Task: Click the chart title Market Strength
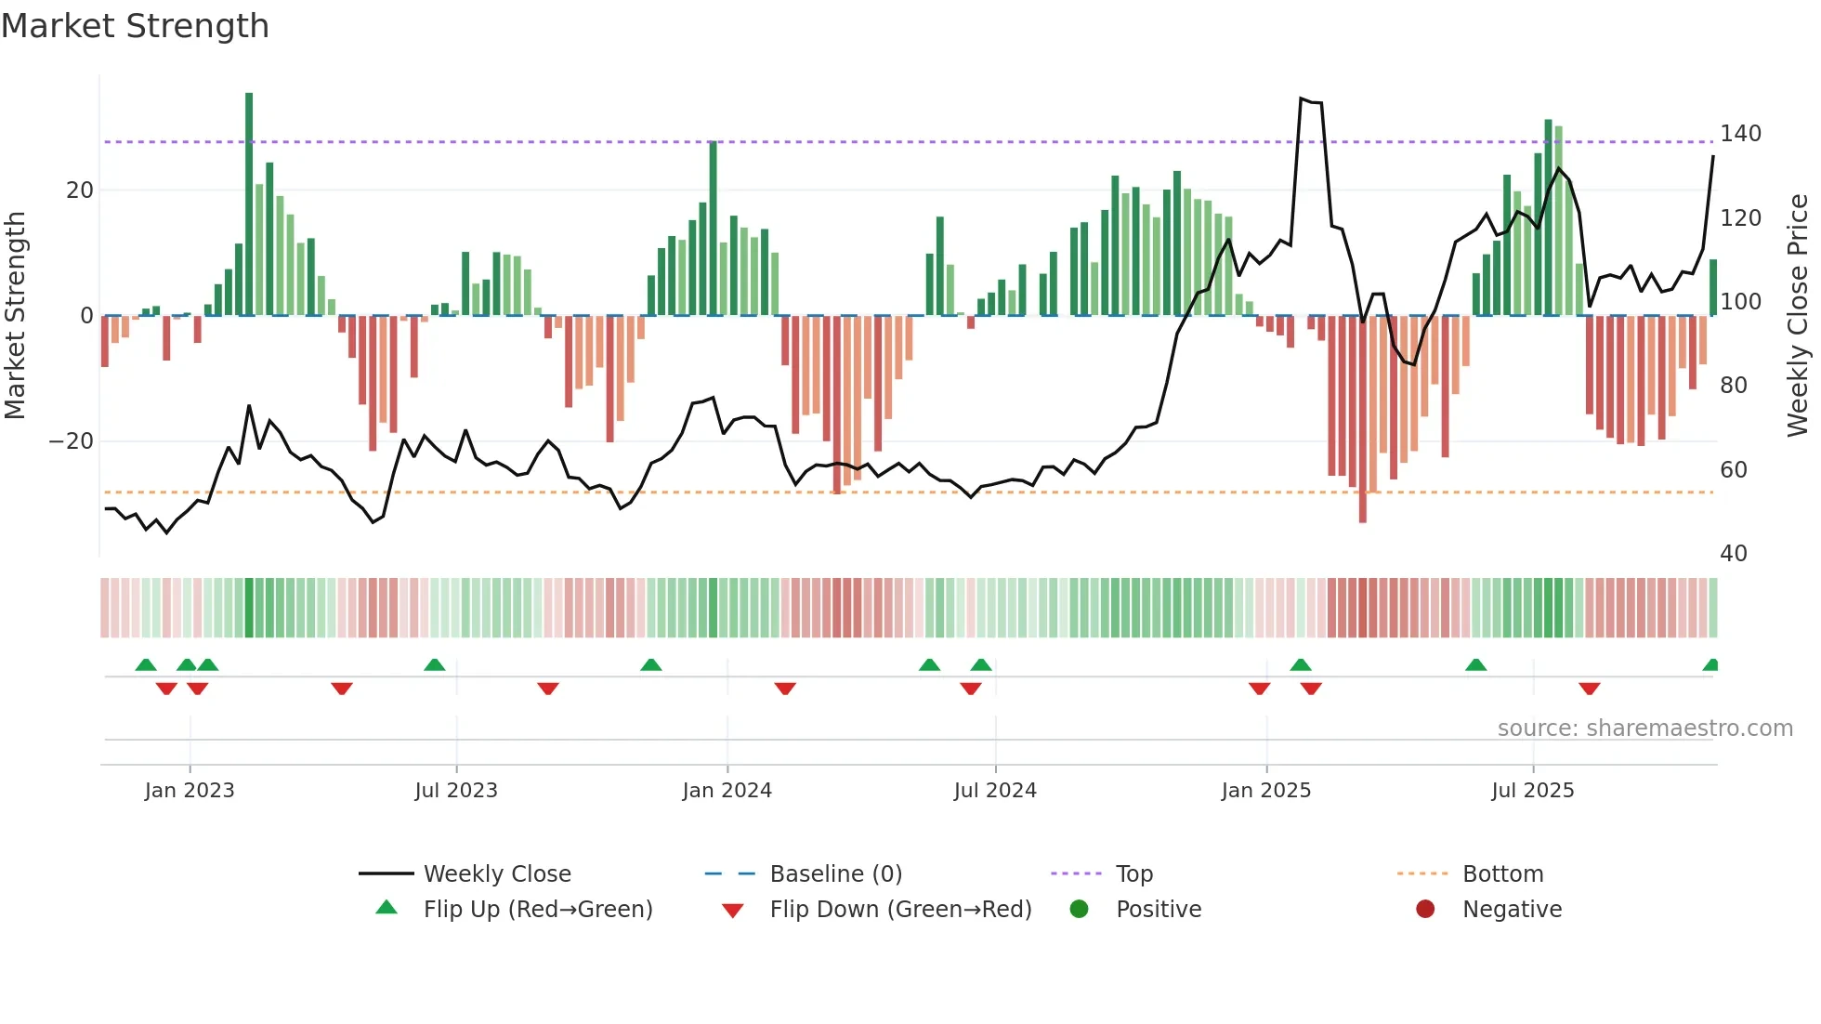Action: click(x=135, y=26)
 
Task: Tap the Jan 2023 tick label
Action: click(x=190, y=791)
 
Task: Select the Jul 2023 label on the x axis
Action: click(x=456, y=791)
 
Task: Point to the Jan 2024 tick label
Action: click(x=727, y=791)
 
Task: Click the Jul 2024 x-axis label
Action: click(x=995, y=791)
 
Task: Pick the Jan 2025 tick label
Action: click(x=1266, y=791)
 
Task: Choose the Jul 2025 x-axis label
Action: click(x=1533, y=791)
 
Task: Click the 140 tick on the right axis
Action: click(x=1740, y=134)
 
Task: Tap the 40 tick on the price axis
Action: click(x=1734, y=554)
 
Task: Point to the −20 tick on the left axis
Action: click(x=72, y=441)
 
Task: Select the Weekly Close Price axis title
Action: click(x=1799, y=316)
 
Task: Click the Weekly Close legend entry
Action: click(x=497, y=874)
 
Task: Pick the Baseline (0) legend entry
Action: click(x=836, y=874)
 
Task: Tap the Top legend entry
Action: click(x=1134, y=874)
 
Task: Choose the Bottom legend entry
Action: click(x=1502, y=874)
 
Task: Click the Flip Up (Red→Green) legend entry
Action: click(x=538, y=910)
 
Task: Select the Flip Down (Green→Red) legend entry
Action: click(x=900, y=910)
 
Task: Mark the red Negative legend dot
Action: click(x=1425, y=909)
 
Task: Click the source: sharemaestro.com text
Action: click(x=1644, y=729)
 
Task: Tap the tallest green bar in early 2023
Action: click(x=249, y=204)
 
